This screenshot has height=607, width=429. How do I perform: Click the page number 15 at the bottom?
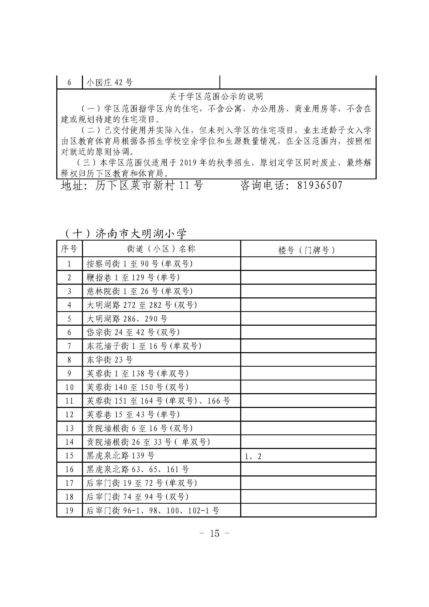click(x=214, y=534)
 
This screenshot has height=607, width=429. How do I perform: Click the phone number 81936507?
click(x=320, y=185)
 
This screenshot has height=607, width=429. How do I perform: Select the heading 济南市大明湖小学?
click(x=141, y=234)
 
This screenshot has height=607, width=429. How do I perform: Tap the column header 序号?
click(x=69, y=249)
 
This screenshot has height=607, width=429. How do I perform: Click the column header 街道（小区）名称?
click(x=161, y=249)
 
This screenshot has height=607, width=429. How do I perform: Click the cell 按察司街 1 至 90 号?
click(x=140, y=264)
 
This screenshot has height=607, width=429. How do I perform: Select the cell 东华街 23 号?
click(x=110, y=360)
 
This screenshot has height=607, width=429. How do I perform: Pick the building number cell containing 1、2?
click(x=253, y=456)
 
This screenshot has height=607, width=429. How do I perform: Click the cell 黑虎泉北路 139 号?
click(x=121, y=455)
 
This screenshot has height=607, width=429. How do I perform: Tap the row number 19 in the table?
click(x=69, y=510)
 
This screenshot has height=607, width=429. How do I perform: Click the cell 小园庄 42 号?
click(x=110, y=83)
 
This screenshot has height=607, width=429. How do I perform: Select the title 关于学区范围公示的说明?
click(x=216, y=97)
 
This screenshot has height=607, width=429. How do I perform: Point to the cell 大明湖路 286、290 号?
click(x=127, y=319)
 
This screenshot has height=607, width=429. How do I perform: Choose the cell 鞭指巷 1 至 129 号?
click(x=133, y=278)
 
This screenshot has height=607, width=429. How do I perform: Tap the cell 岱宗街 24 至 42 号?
click(x=133, y=332)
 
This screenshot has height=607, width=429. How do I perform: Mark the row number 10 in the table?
click(x=69, y=387)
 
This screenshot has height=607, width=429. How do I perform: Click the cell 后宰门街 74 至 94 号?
click(x=137, y=497)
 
